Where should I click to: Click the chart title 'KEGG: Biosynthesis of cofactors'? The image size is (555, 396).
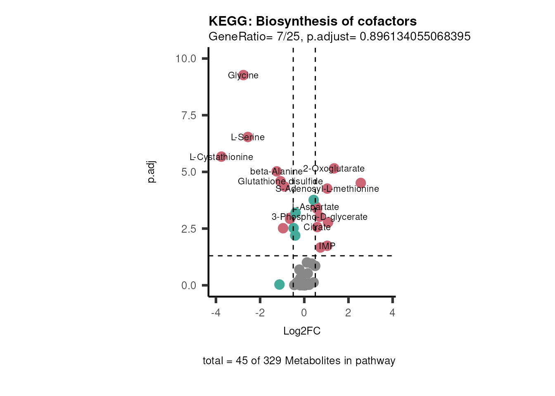312,21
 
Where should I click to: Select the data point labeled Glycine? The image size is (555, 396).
243,75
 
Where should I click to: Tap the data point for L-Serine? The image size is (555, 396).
248,137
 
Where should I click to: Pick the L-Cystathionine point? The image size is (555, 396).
221,156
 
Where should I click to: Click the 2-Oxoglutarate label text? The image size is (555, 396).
334,168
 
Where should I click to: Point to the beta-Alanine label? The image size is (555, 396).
276,172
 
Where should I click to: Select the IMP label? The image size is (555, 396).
327,246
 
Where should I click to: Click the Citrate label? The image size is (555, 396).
317,227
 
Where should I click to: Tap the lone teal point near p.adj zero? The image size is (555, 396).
280,284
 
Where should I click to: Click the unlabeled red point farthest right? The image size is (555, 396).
361,183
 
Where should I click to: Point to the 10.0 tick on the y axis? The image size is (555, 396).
185,59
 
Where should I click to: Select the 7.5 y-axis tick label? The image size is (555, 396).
189,115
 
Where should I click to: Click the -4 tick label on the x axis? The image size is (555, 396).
216,313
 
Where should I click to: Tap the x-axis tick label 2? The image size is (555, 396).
348,313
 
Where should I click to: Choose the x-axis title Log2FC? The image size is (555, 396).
302,331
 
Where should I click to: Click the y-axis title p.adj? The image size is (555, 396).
152,172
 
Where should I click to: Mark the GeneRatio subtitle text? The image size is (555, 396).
339,37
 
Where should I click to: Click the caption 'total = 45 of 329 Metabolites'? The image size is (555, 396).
299,361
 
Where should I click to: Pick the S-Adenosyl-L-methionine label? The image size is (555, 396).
327,189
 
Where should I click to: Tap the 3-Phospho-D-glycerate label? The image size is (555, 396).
319,217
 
